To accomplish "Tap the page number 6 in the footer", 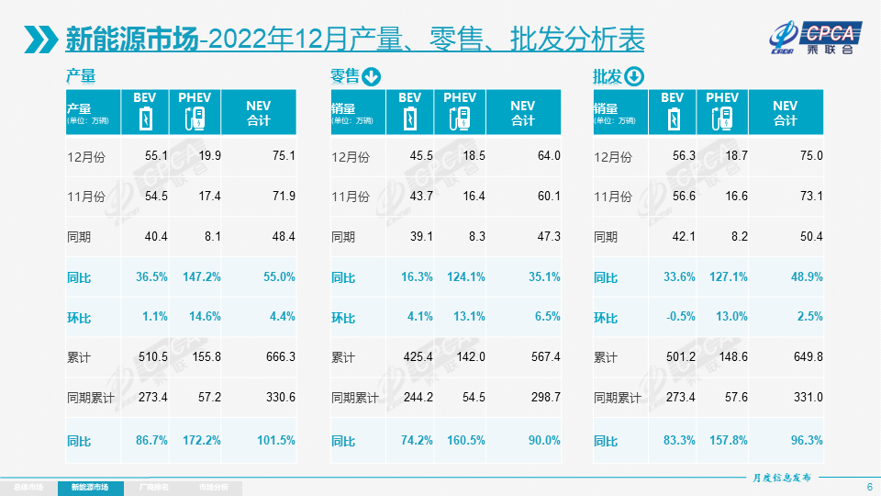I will click(x=869, y=486).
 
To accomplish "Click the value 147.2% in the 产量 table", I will click(x=199, y=276).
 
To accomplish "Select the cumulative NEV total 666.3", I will click(x=278, y=357).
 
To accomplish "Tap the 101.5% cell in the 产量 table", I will click(x=276, y=440).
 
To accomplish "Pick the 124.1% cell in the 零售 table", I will click(x=463, y=276).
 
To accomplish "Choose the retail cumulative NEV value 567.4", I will click(x=542, y=357).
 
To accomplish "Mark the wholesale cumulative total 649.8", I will click(x=805, y=357).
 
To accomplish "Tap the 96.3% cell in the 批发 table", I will click(x=805, y=440).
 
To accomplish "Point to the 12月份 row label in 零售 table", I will click(x=350, y=157).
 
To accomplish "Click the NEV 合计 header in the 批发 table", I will click(x=785, y=113).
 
